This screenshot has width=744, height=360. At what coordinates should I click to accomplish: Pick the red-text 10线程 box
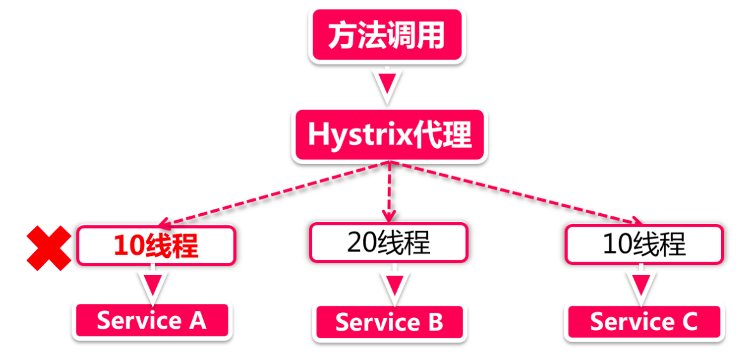[156, 246]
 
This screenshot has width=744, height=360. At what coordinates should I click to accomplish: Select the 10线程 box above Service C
[644, 244]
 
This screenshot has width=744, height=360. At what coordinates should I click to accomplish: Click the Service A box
[152, 320]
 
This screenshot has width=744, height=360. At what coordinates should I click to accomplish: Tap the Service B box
[389, 322]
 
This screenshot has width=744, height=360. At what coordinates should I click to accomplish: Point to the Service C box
[644, 322]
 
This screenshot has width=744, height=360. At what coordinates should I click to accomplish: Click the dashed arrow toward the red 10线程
[274, 193]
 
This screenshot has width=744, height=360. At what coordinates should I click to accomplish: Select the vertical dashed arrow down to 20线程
[389, 191]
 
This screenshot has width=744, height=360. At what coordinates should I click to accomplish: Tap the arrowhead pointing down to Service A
[152, 284]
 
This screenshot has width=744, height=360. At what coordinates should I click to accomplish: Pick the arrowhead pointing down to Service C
[643, 284]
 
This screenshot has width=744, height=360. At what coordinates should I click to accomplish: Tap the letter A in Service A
[197, 320]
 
